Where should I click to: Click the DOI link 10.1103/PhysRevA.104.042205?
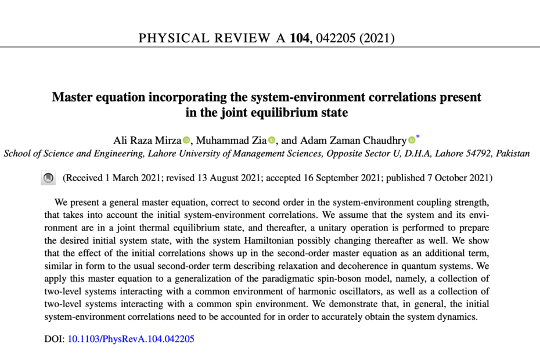[131, 339]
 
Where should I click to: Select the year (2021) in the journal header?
[376, 39]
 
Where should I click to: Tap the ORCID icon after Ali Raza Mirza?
[186, 139]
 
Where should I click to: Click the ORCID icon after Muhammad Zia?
[272, 139]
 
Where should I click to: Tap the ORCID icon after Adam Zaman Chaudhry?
[412, 139]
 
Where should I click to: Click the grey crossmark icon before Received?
[49, 178]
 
